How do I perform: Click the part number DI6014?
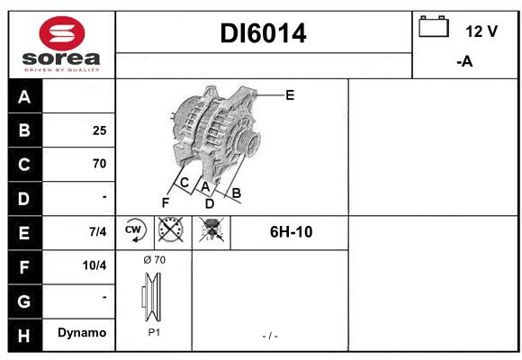(x=263, y=33)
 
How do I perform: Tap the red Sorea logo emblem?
(x=62, y=33)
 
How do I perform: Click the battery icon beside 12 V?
(x=434, y=26)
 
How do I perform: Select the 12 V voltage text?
(x=481, y=31)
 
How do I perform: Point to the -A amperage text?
(x=464, y=61)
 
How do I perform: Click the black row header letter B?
(x=24, y=130)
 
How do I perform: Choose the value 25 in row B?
(x=100, y=130)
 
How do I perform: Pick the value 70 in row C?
(x=100, y=164)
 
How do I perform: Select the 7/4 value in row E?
(x=98, y=231)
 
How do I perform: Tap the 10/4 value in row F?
(x=94, y=265)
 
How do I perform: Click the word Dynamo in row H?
(x=82, y=333)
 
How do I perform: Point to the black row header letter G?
(x=24, y=301)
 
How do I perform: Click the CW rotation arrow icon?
(x=134, y=230)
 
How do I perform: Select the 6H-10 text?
(x=292, y=232)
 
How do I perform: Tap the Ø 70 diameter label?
(x=154, y=260)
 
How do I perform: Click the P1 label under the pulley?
(x=154, y=332)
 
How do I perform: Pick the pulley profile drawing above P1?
(x=151, y=297)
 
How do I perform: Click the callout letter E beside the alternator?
(x=290, y=95)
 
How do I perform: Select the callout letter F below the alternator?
(x=166, y=202)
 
